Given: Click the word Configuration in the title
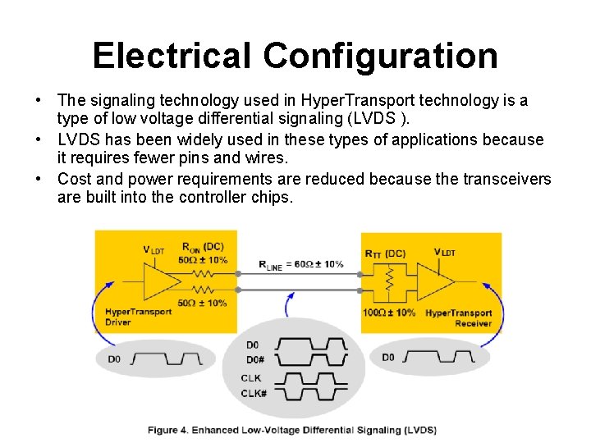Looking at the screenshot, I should (381, 56).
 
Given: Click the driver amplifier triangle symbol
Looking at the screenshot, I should (160, 280).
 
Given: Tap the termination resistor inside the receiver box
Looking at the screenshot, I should (389, 281).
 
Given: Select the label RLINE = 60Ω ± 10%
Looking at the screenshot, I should (300, 264).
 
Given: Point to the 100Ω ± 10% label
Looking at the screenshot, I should (388, 313).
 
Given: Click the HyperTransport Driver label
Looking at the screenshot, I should (138, 317).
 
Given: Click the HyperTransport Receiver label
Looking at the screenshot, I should (458, 317).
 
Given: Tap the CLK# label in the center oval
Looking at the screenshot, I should (254, 393).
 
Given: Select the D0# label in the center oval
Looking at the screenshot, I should (255, 359).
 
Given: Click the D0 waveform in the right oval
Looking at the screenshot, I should (438, 358).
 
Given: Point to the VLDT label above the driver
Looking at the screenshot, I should (153, 249).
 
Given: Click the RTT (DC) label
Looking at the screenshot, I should (384, 253).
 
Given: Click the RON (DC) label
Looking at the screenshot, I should (202, 247).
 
